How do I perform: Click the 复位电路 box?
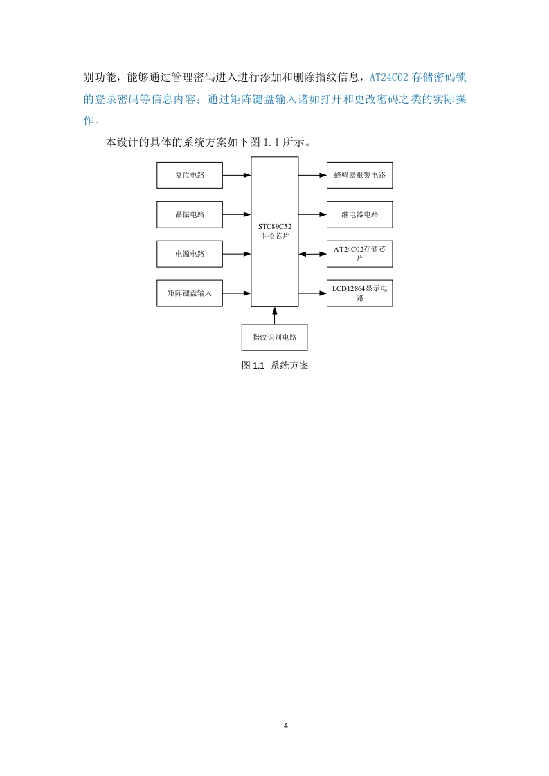(190, 175)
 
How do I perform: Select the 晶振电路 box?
(190, 214)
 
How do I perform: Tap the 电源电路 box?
(190, 254)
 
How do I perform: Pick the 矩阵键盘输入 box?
(190, 293)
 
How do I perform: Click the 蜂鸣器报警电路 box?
(360, 175)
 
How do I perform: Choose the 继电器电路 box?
(360, 214)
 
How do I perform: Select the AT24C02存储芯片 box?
(360, 254)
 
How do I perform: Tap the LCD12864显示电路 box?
(360, 293)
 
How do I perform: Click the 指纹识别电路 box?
(274, 337)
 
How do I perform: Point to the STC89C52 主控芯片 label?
(274, 231)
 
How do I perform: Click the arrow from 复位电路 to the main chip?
(237, 175)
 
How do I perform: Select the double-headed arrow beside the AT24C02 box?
(313, 254)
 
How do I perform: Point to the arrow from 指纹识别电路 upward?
(274, 315)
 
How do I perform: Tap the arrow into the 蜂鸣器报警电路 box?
(313, 175)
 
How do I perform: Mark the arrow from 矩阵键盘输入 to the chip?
(237, 293)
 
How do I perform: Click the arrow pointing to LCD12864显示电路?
(313, 293)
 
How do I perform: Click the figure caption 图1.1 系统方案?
(275, 365)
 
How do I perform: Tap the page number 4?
(286, 726)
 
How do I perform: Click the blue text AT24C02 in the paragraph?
(389, 77)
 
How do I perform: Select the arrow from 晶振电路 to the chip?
(237, 214)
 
